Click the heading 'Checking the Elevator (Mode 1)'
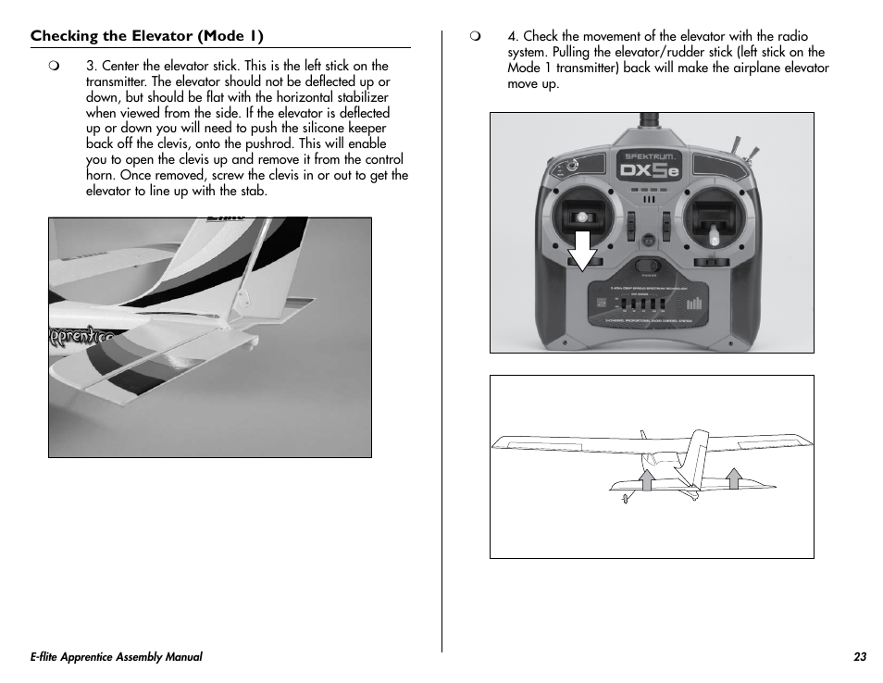(x=147, y=36)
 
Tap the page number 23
(x=860, y=657)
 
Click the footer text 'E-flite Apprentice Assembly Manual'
(x=116, y=657)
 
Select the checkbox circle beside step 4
(x=476, y=37)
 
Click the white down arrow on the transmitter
(x=581, y=250)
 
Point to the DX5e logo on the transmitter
(x=651, y=169)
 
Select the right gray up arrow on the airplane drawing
(x=734, y=478)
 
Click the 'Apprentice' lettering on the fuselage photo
(x=81, y=335)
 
